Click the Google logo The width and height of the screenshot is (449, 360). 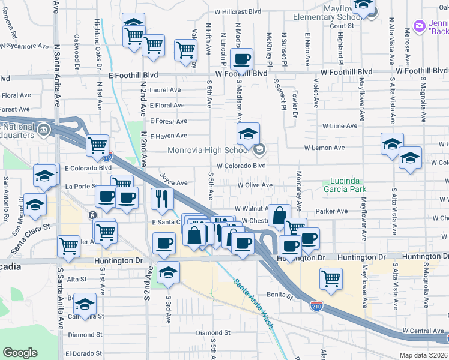click(x=20, y=353)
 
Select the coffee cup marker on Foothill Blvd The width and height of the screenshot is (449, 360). click(x=241, y=59)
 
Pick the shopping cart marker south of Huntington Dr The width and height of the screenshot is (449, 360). click(x=331, y=278)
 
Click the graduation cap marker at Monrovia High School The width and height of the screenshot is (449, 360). click(x=248, y=134)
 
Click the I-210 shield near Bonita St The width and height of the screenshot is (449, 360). click(x=317, y=307)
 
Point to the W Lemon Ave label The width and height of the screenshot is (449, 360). click(x=324, y=147)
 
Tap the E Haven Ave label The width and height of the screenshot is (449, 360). click(x=169, y=136)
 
